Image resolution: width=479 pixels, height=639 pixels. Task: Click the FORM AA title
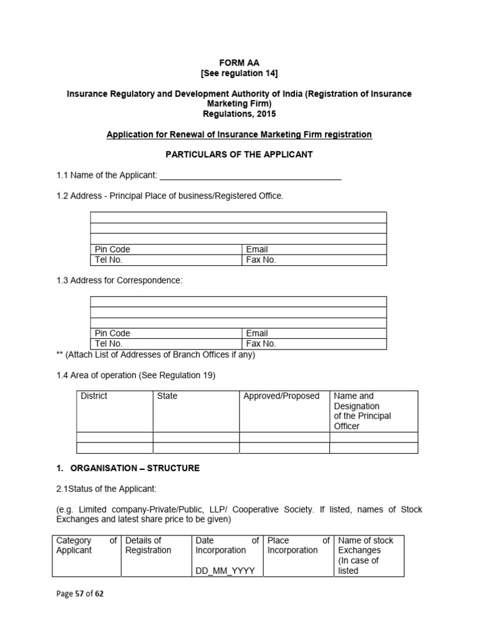click(x=239, y=63)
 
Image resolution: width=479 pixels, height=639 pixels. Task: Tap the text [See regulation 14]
click(x=239, y=73)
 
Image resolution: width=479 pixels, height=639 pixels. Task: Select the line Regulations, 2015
click(x=239, y=114)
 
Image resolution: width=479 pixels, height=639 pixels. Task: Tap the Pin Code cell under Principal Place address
click(x=166, y=250)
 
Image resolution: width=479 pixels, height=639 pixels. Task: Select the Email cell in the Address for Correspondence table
click(x=314, y=333)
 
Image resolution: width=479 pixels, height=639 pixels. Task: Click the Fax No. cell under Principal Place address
click(x=314, y=260)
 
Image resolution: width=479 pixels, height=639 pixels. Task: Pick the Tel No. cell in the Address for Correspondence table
click(x=166, y=343)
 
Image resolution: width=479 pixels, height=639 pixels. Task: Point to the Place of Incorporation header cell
click(x=298, y=545)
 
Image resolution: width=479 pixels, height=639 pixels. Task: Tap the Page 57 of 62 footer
click(x=80, y=594)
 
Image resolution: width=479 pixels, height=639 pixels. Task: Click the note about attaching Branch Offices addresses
click(x=155, y=354)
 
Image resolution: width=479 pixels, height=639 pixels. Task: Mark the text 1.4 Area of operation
click(x=135, y=375)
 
